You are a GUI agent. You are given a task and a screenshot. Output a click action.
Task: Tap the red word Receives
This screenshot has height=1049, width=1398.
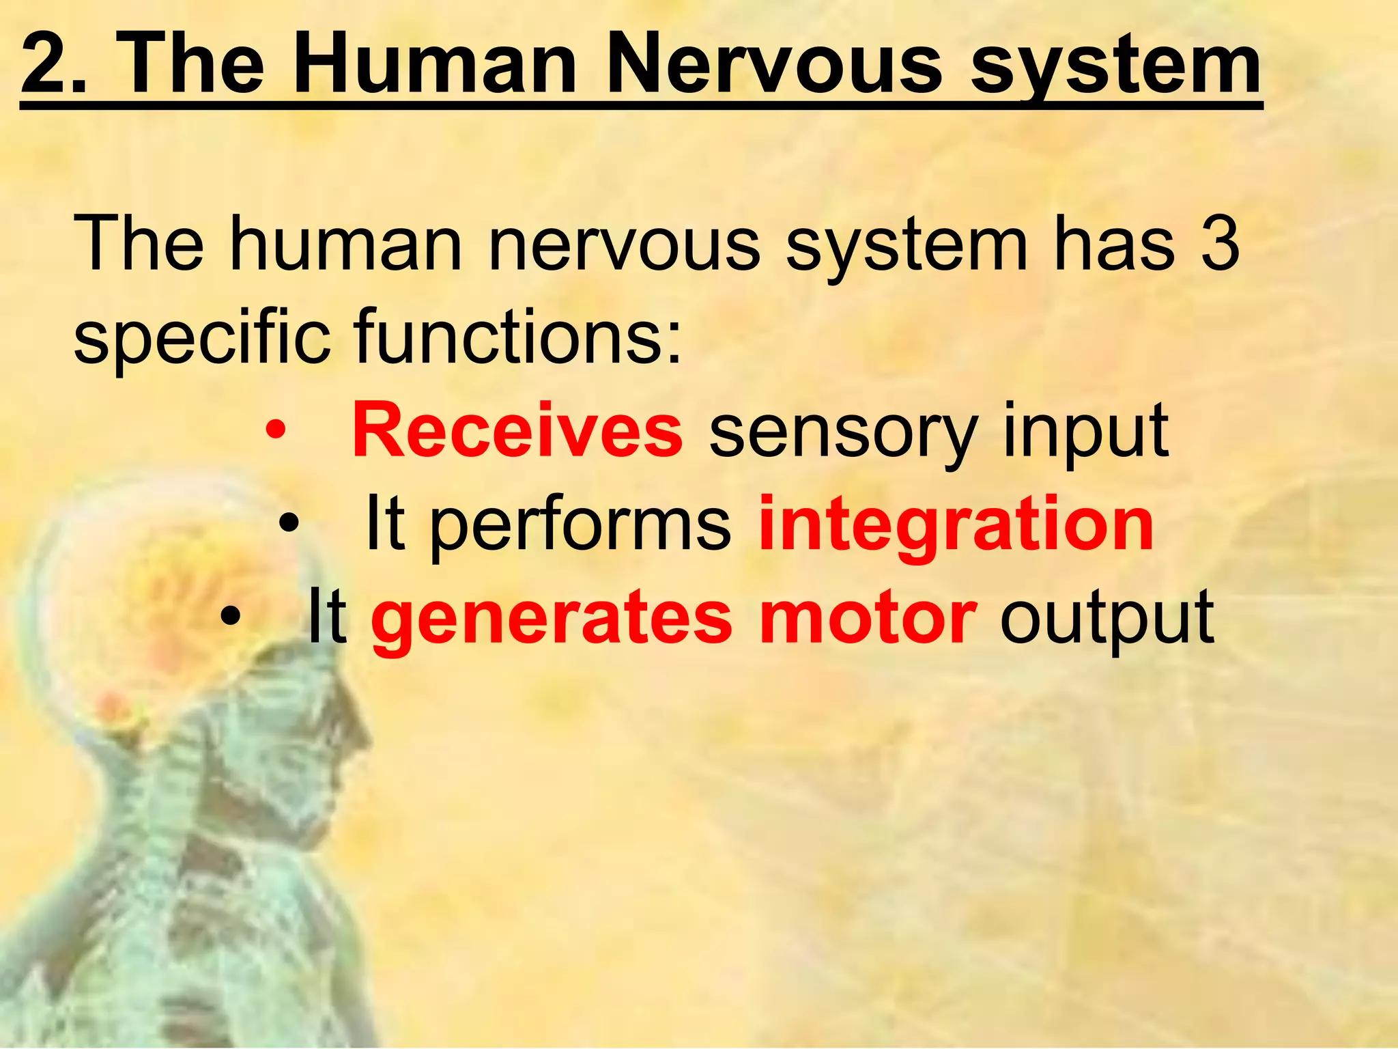(517, 431)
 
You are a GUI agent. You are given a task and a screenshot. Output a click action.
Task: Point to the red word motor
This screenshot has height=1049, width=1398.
(867, 618)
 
